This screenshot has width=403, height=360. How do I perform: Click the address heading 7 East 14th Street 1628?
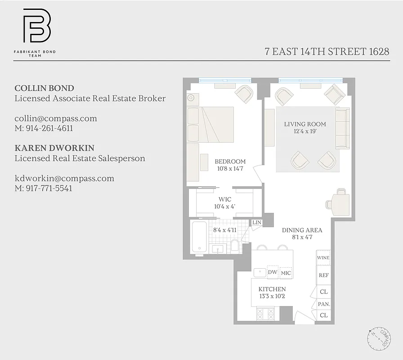(327, 51)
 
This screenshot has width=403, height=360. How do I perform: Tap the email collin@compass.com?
(55, 118)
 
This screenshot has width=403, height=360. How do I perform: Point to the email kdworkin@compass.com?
(64, 178)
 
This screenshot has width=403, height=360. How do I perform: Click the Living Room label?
(305, 124)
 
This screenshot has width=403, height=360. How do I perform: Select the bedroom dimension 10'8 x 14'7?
(230, 169)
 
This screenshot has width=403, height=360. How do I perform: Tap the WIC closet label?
(225, 199)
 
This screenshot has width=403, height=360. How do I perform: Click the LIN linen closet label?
(256, 222)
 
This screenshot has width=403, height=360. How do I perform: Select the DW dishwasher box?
(272, 272)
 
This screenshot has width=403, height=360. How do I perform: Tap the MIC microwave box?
(286, 273)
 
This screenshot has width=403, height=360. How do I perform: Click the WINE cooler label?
(323, 258)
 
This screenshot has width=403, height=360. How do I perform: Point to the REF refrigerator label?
(323, 275)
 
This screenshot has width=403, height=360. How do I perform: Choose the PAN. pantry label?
(324, 304)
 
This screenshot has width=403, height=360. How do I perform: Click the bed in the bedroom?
(210, 124)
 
